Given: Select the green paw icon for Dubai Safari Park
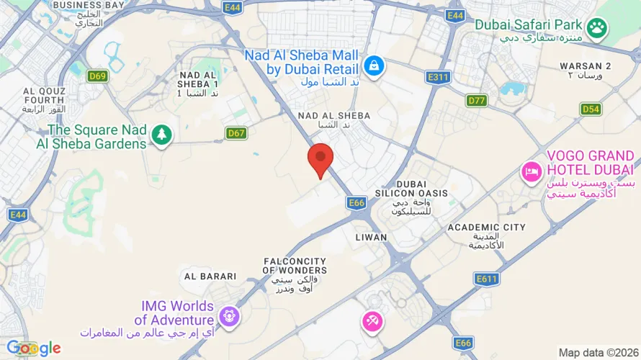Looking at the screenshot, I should pyautogui.click(x=596, y=28).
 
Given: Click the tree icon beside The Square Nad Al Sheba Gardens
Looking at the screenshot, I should pyautogui.click(x=162, y=134).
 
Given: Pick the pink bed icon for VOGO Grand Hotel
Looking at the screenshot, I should pyautogui.click(x=532, y=171).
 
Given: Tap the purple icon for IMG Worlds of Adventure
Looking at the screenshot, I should pyautogui.click(x=229, y=315).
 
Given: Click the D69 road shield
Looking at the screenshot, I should pyautogui.click(x=97, y=75).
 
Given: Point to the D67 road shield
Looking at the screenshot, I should pyautogui.click(x=236, y=132).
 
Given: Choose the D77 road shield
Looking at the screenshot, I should pyautogui.click(x=477, y=100).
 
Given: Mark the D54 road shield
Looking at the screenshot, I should pyautogui.click(x=591, y=109).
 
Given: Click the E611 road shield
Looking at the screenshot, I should pyautogui.click(x=487, y=278).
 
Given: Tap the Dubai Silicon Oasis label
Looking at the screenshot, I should pyautogui.click(x=411, y=193).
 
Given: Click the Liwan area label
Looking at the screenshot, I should pyautogui.click(x=371, y=237).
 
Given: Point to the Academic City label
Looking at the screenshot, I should pyautogui.click(x=486, y=228).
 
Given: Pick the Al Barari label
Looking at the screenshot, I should pyautogui.click(x=210, y=276).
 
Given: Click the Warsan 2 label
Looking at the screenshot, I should pyautogui.click(x=586, y=66).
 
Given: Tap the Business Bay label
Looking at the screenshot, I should pyautogui.click(x=89, y=5).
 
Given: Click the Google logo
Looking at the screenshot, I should pyautogui.click(x=34, y=348).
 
